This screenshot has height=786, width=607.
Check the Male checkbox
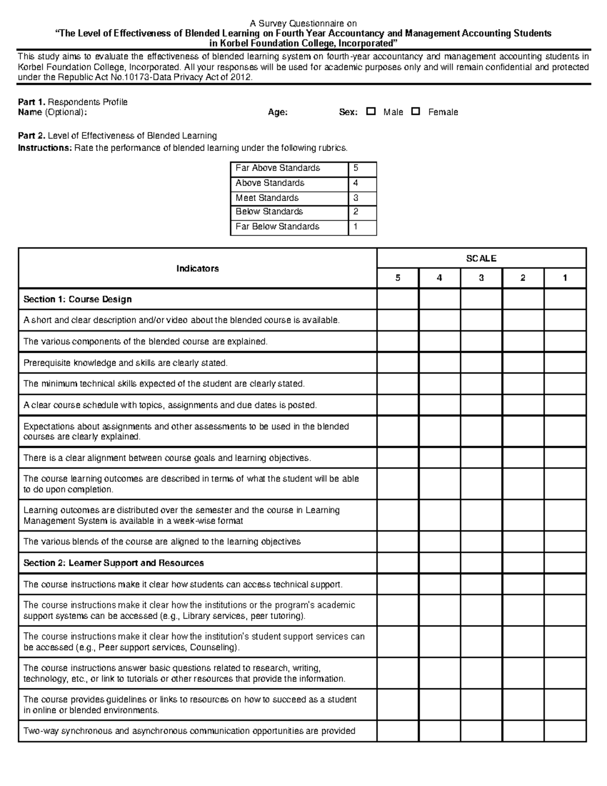[x=371, y=111]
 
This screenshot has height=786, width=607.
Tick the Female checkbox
[x=416, y=111]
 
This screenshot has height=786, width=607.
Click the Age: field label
[x=278, y=112]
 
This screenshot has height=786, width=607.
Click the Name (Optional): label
[x=52, y=112]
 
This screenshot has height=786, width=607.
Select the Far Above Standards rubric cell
[x=289, y=169]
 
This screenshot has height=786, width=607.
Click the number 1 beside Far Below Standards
[x=356, y=227]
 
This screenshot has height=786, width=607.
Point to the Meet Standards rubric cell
[x=289, y=198]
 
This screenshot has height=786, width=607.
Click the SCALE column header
[x=481, y=258]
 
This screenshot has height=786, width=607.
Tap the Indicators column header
[x=197, y=268]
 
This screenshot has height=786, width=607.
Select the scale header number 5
[x=398, y=278]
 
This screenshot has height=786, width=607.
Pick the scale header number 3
[x=481, y=278]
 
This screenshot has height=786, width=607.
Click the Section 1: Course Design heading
[x=77, y=300]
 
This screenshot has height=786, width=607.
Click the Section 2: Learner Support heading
[x=113, y=563]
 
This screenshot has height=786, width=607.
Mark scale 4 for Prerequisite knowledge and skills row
[x=439, y=363]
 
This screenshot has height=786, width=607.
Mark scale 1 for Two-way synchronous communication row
[x=565, y=731]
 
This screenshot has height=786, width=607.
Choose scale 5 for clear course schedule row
[x=398, y=405]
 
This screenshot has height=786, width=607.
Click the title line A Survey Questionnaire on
[x=303, y=24]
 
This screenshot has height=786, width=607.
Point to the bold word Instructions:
[x=45, y=148]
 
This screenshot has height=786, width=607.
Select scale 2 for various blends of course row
[x=523, y=542]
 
